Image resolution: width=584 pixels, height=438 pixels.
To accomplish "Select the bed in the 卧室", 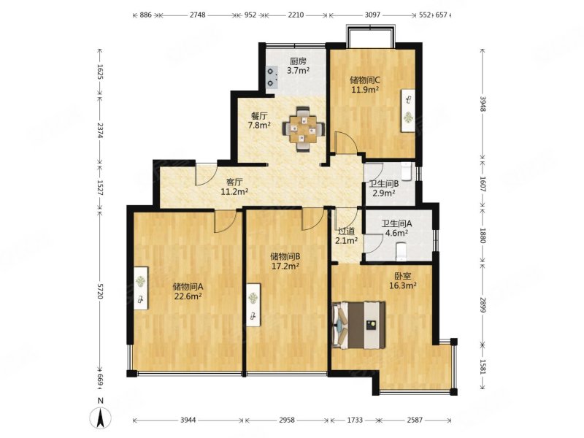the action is click(x=358, y=325).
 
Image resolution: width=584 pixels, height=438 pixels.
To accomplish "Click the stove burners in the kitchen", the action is click(x=272, y=77).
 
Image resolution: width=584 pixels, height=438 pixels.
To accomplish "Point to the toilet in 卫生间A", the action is click(x=401, y=250).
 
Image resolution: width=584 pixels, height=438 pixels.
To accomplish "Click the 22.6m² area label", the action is click(x=188, y=296).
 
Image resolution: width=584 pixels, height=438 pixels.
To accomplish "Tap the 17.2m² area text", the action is click(x=285, y=266).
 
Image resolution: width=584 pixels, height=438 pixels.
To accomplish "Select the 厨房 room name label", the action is click(x=298, y=61).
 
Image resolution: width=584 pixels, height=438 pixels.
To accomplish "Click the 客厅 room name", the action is click(x=234, y=182).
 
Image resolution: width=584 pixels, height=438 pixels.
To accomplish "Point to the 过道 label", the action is click(x=346, y=231).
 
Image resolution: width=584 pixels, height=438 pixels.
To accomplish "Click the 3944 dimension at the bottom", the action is click(x=188, y=420).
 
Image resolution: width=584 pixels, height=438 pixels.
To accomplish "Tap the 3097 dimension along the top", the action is click(x=372, y=15).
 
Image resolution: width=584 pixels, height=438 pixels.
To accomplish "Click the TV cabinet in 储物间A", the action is click(x=141, y=288).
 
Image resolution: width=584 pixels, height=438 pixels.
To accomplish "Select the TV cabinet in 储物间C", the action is click(x=409, y=110).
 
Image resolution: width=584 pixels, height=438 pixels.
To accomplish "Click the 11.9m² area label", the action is click(x=365, y=90).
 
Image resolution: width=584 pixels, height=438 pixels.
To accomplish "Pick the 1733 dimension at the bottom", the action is click(x=355, y=420).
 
